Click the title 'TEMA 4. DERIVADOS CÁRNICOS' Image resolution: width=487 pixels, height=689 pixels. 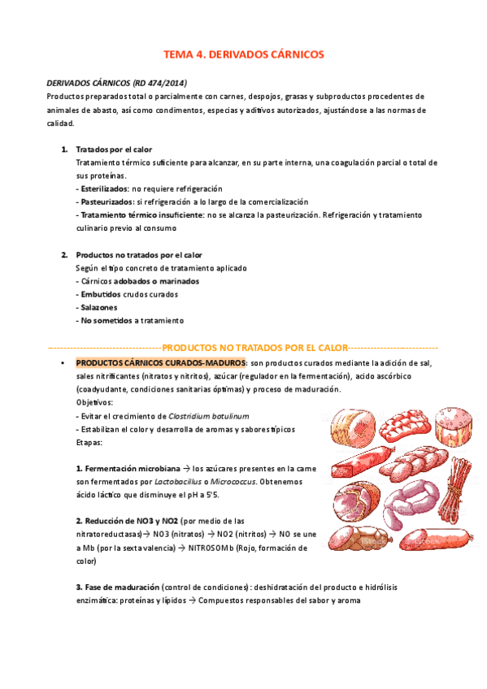[243, 54]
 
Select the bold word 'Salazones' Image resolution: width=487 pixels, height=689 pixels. [98, 307]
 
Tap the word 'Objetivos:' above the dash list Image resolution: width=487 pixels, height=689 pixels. [94, 402]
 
